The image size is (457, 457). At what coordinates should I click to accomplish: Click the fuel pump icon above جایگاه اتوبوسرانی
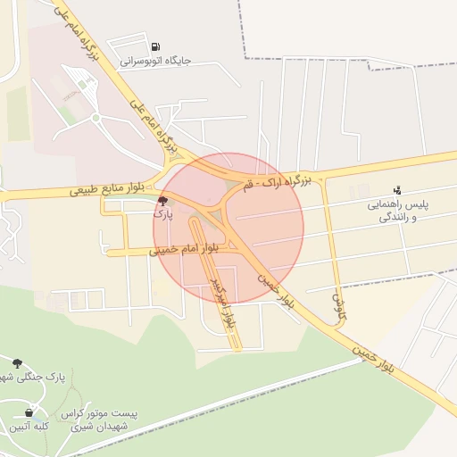(156, 46)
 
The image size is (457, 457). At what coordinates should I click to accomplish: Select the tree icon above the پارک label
(162, 202)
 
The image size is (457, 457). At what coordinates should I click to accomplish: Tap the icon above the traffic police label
(398, 189)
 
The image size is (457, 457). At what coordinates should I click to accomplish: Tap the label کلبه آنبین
(29, 427)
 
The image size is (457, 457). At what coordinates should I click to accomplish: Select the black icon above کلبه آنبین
(29, 412)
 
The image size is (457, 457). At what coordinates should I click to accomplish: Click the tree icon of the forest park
(18, 362)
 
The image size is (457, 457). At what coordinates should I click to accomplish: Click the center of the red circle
(228, 228)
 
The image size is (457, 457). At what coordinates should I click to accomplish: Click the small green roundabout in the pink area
(96, 117)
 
